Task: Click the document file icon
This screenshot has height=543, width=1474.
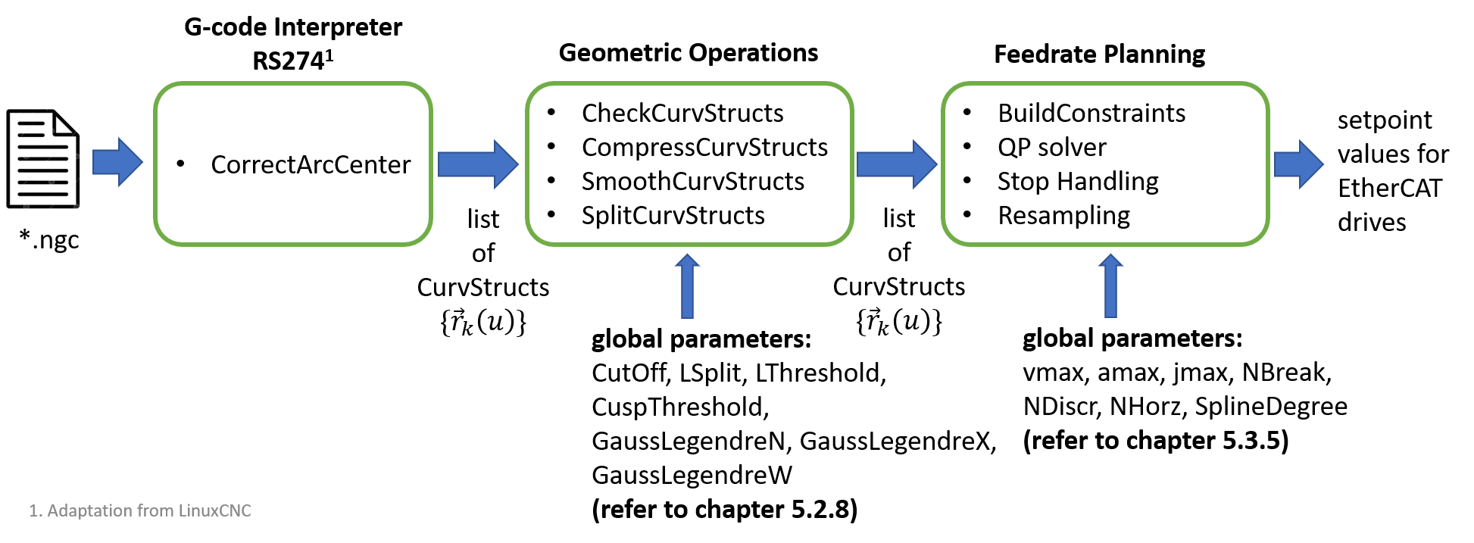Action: [43, 158]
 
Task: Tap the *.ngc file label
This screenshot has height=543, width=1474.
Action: [50, 240]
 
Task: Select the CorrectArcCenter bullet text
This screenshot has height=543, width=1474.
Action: [311, 164]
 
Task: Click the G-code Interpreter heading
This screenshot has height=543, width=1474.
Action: [293, 28]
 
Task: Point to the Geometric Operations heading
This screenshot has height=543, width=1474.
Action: [688, 53]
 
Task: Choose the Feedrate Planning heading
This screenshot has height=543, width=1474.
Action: [1099, 55]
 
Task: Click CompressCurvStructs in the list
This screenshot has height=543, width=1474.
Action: [704, 147]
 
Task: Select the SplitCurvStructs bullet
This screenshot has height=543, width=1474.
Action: [673, 215]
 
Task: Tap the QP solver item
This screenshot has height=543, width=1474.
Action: [1051, 147]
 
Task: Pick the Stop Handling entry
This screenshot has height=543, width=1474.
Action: [1077, 182]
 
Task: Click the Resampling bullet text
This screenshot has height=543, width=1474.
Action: [1063, 216]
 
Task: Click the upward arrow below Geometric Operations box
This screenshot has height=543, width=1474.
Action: [687, 286]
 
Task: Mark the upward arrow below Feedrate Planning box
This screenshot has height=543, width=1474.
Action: [1110, 286]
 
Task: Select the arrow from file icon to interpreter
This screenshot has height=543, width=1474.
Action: [117, 162]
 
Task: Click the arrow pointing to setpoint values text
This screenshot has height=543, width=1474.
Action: [1298, 164]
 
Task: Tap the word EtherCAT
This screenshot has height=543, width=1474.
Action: [1389, 189]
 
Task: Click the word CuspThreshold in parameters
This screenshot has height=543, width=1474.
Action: [679, 407]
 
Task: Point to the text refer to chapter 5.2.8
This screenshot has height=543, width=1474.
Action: [724, 510]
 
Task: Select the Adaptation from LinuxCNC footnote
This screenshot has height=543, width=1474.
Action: [140, 511]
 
